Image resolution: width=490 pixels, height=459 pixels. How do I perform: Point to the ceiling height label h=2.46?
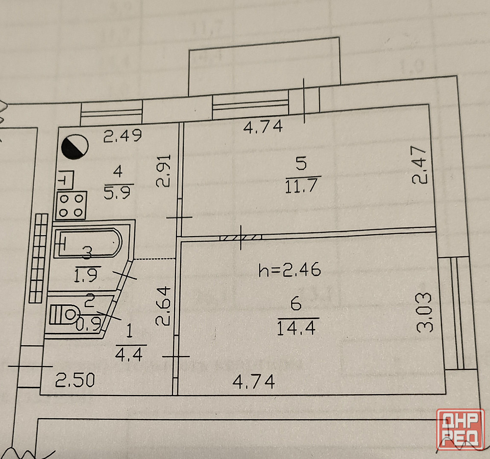pyautogui.click(x=290, y=270)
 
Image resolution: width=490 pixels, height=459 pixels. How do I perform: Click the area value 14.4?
pyautogui.click(x=296, y=326)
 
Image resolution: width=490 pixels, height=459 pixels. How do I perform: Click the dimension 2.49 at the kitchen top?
pyautogui.click(x=122, y=135)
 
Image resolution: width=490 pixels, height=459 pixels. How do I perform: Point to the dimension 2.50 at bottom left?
pyautogui.click(x=74, y=380)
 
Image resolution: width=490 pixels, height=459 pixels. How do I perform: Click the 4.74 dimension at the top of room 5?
pyautogui.click(x=264, y=127)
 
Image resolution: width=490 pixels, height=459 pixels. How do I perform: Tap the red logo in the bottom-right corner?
pyautogui.click(x=461, y=429)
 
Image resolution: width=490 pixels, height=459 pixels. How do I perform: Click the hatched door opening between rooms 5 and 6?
pyautogui.click(x=241, y=238)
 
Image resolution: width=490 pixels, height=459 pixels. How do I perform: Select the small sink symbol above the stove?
pyautogui.click(x=66, y=181)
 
